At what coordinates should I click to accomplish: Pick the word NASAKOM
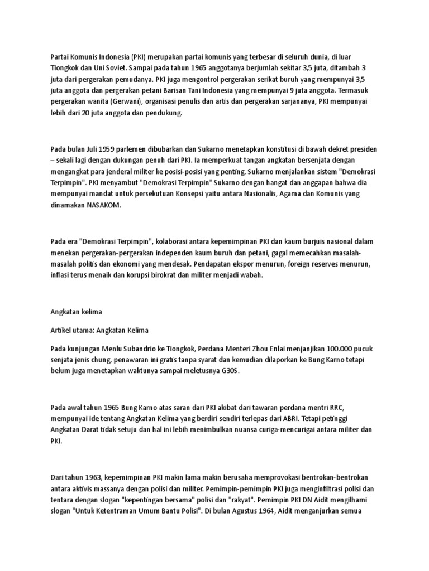coord(103,205)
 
